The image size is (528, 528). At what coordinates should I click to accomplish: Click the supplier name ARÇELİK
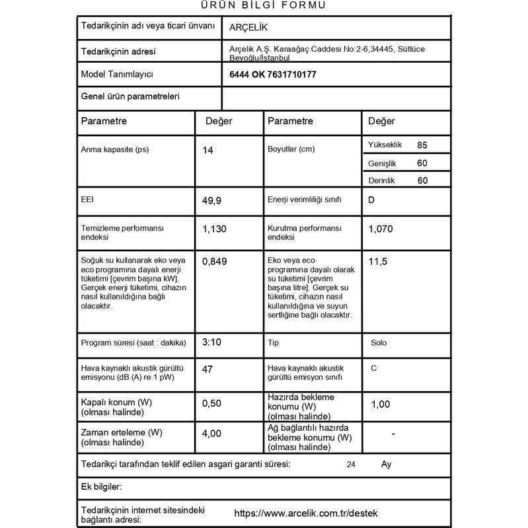(x=248, y=27)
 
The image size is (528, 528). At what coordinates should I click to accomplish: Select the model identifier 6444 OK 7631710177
(x=272, y=75)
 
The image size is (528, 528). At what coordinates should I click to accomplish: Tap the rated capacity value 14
(x=208, y=150)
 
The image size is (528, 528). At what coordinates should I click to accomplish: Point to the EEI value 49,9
(x=213, y=200)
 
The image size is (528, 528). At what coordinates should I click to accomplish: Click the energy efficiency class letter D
(x=371, y=200)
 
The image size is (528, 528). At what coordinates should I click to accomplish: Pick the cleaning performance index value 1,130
(x=215, y=229)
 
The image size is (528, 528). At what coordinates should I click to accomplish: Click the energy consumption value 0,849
(x=215, y=262)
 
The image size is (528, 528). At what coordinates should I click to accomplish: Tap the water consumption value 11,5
(x=378, y=262)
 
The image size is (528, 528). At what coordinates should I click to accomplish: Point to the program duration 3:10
(x=211, y=342)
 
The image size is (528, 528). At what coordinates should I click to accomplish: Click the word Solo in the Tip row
(x=379, y=344)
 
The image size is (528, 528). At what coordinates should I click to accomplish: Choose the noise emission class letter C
(x=374, y=367)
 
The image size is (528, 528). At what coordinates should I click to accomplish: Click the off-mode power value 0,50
(x=212, y=403)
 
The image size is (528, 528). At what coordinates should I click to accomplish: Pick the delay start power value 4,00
(x=212, y=434)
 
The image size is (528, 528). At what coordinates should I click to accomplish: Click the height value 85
(x=423, y=145)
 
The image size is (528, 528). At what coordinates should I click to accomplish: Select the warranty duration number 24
(x=351, y=465)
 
